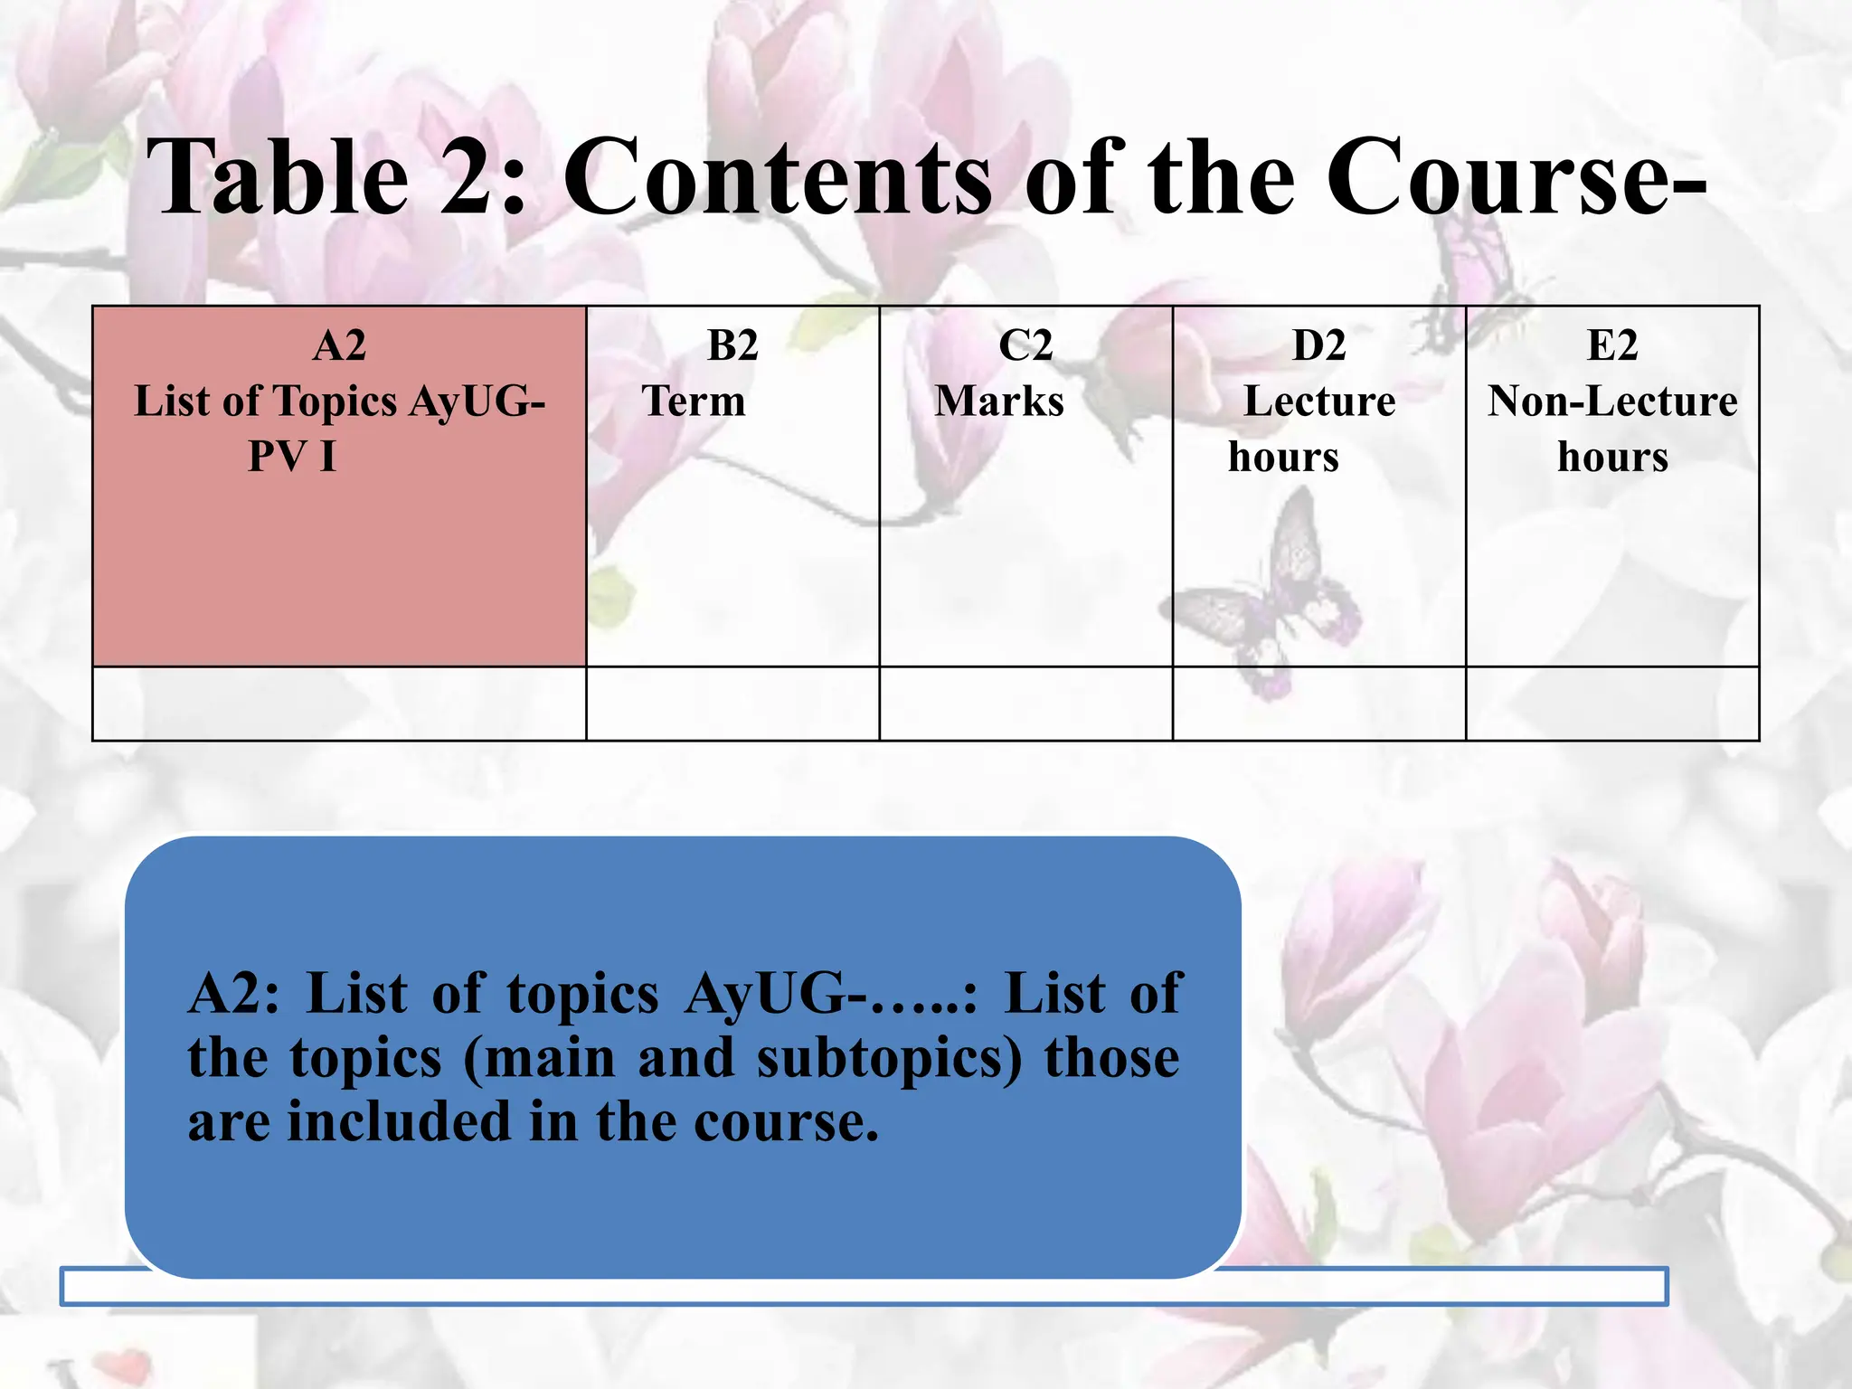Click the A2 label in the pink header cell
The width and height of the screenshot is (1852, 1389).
pyautogui.click(x=339, y=345)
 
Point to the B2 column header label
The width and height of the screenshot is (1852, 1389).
pyautogui.click(x=732, y=345)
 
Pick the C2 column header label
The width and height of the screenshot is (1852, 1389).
pyautogui.click(x=1025, y=345)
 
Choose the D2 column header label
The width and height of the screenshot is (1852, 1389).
pyautogui.click(x=1318, y=345)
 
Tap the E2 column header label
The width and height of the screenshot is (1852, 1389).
pyautogui.click(x=1612, y=345)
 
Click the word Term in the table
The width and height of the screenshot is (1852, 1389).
pyautogui.click(x=694, y=401)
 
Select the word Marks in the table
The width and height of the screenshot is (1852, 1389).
pyautogui.click(x=999, y=401)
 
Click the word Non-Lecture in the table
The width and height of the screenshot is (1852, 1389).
pyautogui.click(x=1612, y=401)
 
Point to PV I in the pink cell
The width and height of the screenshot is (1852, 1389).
pyautogui.click(x=292, y=456)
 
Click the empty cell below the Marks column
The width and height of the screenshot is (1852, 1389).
pyautogui.click(x=1025, y=704)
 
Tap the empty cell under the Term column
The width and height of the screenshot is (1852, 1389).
pyautogui.click(x=732, y=704)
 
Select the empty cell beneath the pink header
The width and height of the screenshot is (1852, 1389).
pyautogui.click(x=339, y=704)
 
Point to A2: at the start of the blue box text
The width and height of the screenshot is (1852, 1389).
pyautogui.click(x=234, y=994)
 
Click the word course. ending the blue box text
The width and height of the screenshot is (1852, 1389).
pyautogui.click(x=786, y=1122)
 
